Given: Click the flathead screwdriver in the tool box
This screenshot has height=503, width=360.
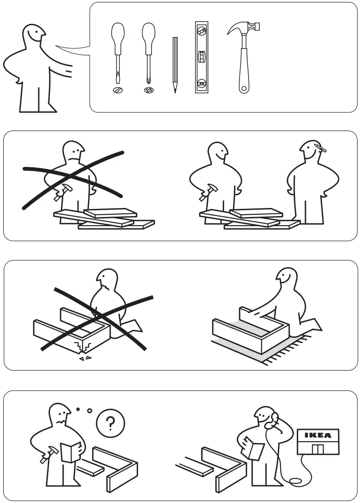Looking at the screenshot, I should tap(118, 50).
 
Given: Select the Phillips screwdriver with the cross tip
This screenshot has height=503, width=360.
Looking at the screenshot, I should tap(148, 50).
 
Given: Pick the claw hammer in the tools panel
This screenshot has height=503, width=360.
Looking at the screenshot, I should tap(244, 54).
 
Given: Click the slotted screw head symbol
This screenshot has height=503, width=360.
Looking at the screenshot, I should tap(118, 90).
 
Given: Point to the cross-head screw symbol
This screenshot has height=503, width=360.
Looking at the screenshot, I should tap(148, 90).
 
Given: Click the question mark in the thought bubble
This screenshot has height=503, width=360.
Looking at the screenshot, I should tap(111, 423).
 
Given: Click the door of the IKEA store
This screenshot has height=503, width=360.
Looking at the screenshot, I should tap(318, 449).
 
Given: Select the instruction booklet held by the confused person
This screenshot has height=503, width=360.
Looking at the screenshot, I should tap(70, 451).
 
